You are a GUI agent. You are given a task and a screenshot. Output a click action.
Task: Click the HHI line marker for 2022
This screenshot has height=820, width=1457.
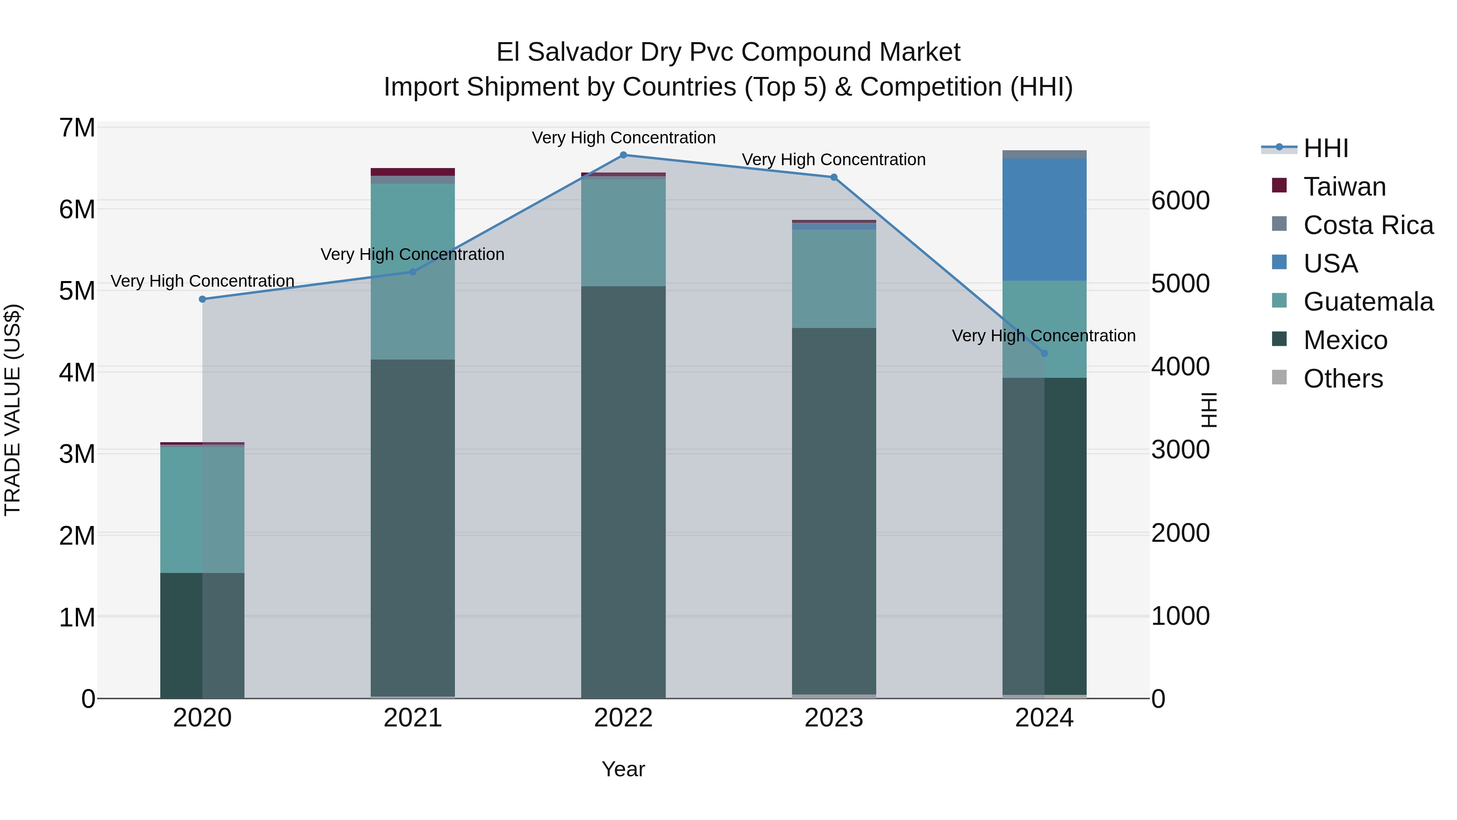623,155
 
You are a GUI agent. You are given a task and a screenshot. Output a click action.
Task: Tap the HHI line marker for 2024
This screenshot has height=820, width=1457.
1044,353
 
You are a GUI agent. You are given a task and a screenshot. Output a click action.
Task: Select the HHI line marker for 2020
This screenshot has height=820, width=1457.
202,299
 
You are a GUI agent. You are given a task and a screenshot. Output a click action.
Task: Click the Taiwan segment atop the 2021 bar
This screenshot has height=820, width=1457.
413,171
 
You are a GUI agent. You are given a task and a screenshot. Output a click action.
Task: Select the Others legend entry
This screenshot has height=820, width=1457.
1343,379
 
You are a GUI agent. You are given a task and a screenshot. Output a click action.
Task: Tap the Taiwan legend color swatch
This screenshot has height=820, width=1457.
1279,185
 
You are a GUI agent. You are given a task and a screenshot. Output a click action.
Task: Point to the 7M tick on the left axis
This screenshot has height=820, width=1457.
77,128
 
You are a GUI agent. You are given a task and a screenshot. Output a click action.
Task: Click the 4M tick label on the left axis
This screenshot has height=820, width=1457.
77,373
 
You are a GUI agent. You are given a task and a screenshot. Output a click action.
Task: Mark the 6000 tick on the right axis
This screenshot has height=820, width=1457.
1181,201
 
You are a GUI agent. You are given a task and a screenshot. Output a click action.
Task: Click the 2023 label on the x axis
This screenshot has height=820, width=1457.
834,718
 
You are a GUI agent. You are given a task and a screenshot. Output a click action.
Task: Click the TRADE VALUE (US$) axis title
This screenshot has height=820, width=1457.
13,410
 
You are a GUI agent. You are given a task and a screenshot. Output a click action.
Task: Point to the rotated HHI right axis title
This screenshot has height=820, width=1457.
1209,410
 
